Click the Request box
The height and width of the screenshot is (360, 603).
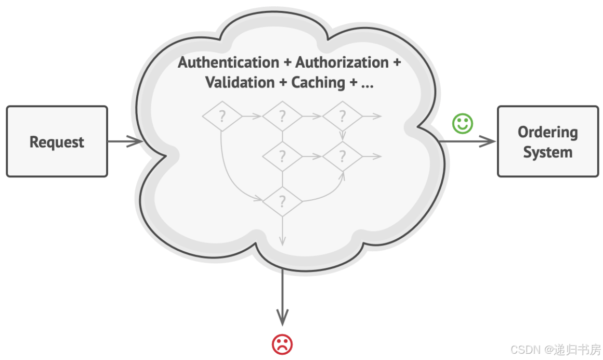point(57,142)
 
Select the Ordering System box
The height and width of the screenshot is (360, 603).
point(548,142)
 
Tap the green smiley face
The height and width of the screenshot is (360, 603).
point(462,124)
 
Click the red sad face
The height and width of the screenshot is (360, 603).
point(282,344)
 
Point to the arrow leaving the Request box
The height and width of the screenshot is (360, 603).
point(125,141)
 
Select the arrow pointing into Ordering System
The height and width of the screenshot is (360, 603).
point(468,141)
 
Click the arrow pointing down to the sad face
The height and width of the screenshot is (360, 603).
point(282,297)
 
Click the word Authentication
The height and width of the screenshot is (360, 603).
point(228,62)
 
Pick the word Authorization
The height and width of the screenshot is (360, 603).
point(342,62)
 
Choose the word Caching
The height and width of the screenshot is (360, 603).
point(318,83)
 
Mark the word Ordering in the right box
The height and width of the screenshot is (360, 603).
point(547,132)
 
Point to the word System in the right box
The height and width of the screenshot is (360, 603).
point(548,152)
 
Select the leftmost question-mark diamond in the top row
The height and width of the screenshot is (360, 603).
point(222,116)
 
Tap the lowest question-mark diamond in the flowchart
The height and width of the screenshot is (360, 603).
point(282,201)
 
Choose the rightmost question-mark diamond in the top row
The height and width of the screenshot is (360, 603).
point(342,116)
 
